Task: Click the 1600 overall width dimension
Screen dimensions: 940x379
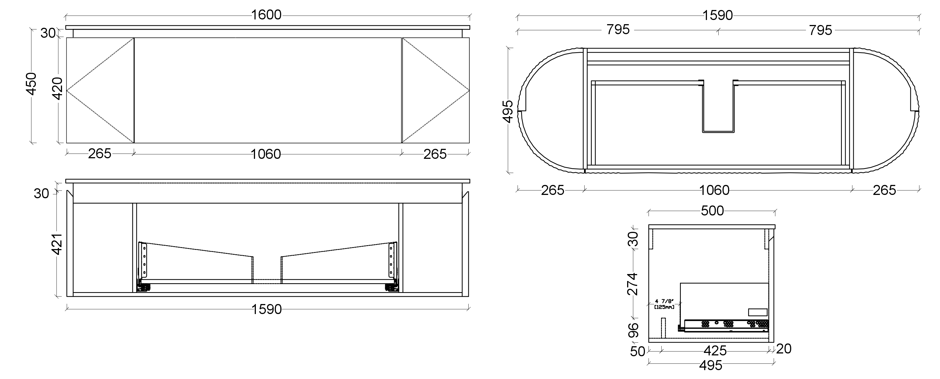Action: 266,15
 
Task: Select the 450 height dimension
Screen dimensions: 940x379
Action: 32,84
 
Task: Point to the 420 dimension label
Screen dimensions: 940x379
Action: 58,89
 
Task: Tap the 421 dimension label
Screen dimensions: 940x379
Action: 58,245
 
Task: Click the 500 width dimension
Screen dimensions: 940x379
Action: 712,211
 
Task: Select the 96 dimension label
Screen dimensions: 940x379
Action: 634,330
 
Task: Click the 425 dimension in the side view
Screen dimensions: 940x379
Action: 715,351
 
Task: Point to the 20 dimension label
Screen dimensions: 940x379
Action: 784,349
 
